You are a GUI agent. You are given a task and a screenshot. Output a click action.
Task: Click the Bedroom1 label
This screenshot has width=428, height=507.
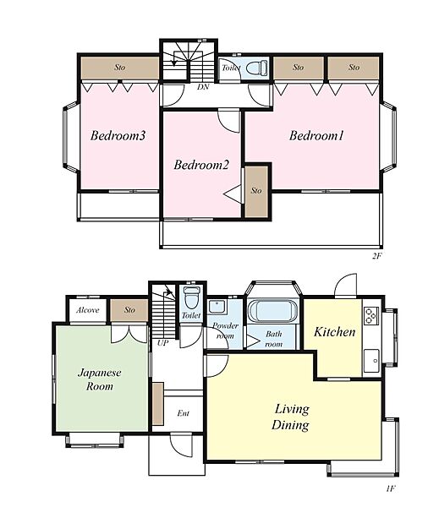click(316, 135)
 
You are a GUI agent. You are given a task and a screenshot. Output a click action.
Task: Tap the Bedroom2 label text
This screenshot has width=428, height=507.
click(201, 165)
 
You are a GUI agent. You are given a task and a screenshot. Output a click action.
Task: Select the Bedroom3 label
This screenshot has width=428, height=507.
click(118, 135)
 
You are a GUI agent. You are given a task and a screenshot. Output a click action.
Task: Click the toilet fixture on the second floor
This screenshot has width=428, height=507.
click(257, 68)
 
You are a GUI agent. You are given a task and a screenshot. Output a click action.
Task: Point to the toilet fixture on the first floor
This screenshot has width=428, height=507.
click(191, 297)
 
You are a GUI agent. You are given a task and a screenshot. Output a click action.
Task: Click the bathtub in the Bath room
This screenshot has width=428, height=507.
click(272, 311)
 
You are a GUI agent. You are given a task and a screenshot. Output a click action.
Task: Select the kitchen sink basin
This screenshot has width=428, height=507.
click(371, 361)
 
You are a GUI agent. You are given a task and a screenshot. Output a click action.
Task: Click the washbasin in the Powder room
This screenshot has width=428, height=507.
click(217, 307)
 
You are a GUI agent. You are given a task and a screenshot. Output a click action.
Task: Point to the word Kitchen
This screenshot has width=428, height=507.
click(334, 332)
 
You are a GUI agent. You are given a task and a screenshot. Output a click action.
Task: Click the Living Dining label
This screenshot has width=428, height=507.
click(291, 417)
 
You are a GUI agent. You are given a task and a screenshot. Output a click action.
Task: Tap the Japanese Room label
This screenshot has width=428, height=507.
click(100, 379)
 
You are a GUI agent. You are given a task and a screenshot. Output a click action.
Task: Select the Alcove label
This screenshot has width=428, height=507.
click(88, 310)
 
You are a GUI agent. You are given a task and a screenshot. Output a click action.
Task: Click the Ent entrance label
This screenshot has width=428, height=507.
click(184, 413)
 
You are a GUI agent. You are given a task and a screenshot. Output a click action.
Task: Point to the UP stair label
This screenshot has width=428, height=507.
click(162, 343)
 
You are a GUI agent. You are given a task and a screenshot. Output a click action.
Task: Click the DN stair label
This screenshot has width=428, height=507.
click(203, 87)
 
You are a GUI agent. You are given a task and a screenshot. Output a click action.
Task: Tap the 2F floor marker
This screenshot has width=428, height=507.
click(377, 256)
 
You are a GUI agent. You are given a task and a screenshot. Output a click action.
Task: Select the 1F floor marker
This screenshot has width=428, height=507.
click(391, 488)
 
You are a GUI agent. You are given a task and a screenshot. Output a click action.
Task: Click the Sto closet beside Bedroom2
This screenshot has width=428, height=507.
click(256, 192)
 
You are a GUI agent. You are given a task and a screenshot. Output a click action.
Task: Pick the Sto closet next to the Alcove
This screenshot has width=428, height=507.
click(129, 310)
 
